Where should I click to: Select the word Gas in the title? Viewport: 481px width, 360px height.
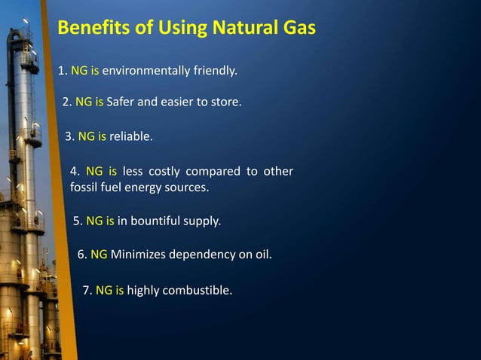[296, 29]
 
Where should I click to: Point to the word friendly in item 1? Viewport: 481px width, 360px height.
[213, 72]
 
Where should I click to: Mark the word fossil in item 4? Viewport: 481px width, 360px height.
[84, 188]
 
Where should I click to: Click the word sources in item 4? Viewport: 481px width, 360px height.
[188, 188]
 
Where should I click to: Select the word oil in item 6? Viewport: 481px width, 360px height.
[261, 255]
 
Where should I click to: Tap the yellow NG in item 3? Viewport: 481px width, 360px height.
[86, 137]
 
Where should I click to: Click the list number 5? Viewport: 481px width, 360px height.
[77, 221]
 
